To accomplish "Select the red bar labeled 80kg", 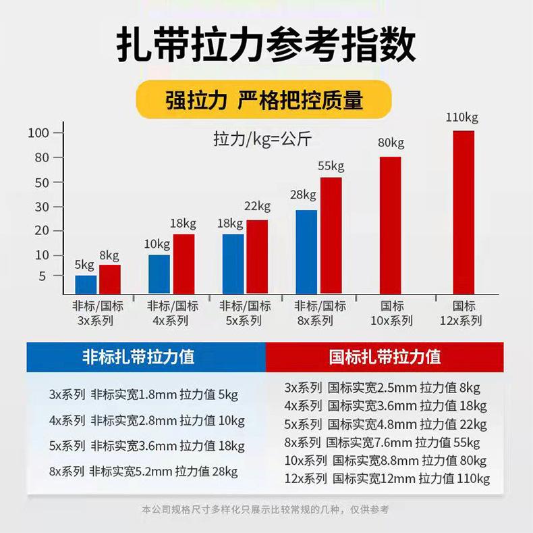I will click(x=390, y=226).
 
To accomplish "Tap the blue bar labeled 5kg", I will click(x=86, y=284).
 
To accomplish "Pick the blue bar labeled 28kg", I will click(x=306, y=252).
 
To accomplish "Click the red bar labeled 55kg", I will click(x=331, y=235).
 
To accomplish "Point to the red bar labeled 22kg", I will click(x=257, y=257).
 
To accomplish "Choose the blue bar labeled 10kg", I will click(x=159, y=274).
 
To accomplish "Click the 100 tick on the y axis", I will click(x=38, y=132).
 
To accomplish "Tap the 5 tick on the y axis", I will click(x=43, y=276).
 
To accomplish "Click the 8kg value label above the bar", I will click(x=109, y=255).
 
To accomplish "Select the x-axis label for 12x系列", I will click(x=464, y=313).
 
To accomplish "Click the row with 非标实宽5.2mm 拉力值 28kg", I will click(x=143, y=472).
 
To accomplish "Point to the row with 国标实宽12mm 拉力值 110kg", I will click(x=387, y=479).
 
